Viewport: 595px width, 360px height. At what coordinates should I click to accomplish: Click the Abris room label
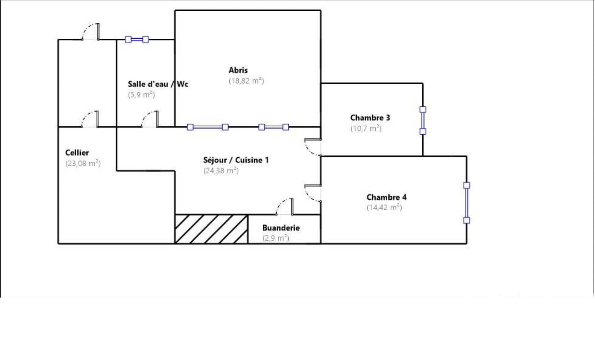pyautogui.click(x=238, y=70)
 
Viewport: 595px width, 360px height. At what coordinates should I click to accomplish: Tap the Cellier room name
pyautogui.click(x=77, y=153)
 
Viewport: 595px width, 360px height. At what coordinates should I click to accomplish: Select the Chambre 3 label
pyautogui.click(x=370, y=118)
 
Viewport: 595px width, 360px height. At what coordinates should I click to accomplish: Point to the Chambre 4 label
pyautogui.click(x=387, y=197)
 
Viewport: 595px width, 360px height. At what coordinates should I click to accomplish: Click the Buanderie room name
pyautogui.click(x=281, y=228)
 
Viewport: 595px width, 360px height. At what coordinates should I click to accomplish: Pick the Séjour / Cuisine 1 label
pyautogui.click(x=236, y=160)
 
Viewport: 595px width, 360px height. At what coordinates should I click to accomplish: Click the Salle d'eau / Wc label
pyautogui.click(x=158, y=84)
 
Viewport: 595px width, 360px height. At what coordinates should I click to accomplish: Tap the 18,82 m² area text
pyautogui.click(x=246, y=81)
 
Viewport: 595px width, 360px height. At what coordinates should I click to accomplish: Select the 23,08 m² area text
pyautogui.click(x=83, y=163)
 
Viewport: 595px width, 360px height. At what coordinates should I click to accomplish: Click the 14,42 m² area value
pyautogui.click(x=384, y=207)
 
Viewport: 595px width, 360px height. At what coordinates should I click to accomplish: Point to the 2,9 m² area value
pyautogui.click(x=276, y=238)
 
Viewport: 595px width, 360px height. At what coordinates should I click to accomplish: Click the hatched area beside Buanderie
pyautogui.click(x=211, y=229)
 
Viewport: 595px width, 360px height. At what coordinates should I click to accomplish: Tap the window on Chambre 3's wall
pyautogui.click(x=423, y=120)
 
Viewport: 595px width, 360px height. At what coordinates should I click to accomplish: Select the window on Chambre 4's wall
pyautogui.click(x=467, y=203)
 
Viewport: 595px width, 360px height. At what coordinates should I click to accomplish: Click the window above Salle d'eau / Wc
pyautogui.click(x=137, y=39)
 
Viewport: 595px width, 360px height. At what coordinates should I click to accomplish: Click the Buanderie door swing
pyautogui.click(x=285, y=206)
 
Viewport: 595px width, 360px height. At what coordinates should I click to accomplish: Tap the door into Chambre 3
pyautogui.click(x=313, y=147)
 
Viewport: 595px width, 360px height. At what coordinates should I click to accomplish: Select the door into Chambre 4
pyautogui.click(x=313, y=193)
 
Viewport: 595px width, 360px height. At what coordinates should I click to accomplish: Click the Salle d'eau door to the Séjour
pyautogui.click(x=150, y=119)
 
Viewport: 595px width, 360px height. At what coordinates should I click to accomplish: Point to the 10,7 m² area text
pyautogui.click(x=366, y=128)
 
